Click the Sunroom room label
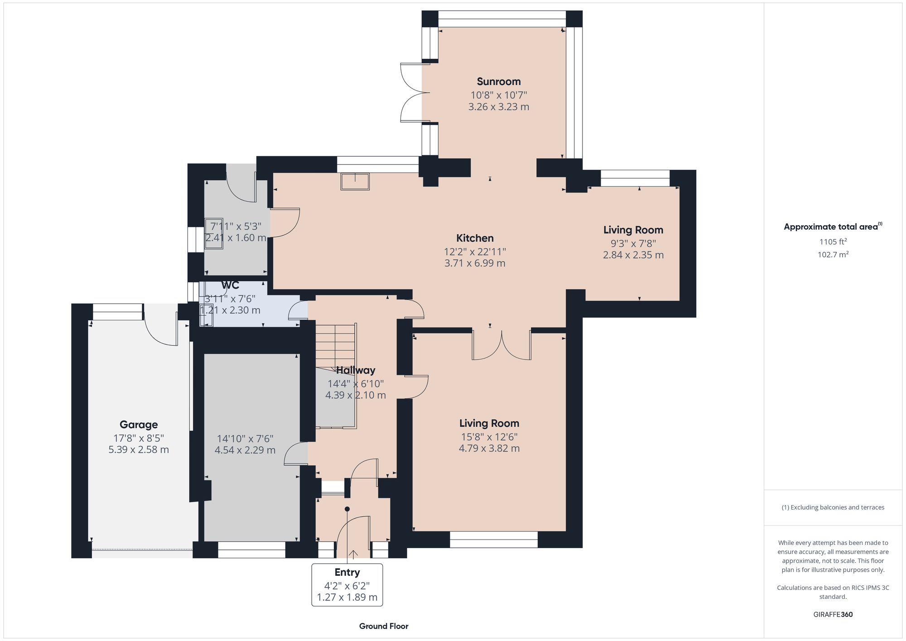click(498, 82)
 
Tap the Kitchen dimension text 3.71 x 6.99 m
click(475, 263)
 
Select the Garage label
click(139, 424)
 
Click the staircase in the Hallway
click(335, 344)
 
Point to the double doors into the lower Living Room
click(501, 345)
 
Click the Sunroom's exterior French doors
click(413, 93)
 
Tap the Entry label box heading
click(347, 572)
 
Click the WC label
click(230, 285)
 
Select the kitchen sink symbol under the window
click(356, 181)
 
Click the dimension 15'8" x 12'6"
click(489, 437)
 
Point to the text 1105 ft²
click(833, 242)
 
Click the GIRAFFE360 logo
click(833, 614)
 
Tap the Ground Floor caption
click(384, 626)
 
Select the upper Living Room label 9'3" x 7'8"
click(633, 243)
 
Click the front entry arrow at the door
click(353, 554)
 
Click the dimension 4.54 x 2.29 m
click(245, 450)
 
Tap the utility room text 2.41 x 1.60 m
click(236, 238)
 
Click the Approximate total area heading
click(833, 227)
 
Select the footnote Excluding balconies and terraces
click(833, 507)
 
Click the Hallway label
click(356, 370)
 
